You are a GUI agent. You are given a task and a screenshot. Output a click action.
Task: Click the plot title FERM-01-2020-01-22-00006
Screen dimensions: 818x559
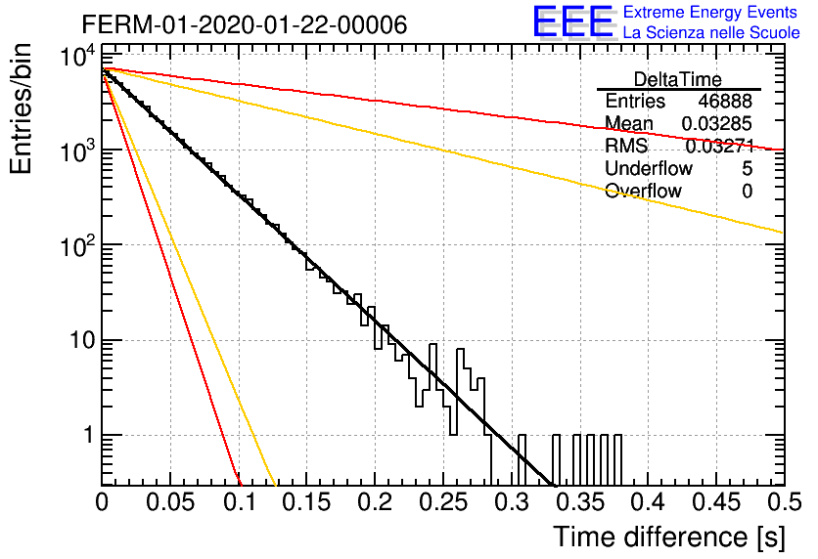point(245,24)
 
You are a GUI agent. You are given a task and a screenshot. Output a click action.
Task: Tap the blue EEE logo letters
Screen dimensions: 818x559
point(573,21)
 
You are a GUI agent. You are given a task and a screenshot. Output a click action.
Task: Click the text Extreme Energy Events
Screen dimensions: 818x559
point(710,12)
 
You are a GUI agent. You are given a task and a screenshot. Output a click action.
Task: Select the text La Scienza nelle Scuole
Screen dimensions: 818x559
point(711,32)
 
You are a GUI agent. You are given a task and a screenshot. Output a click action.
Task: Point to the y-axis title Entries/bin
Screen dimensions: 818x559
point(22,109)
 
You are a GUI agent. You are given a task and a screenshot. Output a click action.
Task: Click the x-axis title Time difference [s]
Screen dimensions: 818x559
point(669,537)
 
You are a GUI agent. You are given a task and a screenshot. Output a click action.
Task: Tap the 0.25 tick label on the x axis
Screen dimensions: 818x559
point(443,502)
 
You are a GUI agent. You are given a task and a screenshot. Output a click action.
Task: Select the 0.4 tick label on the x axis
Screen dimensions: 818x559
point(648,502)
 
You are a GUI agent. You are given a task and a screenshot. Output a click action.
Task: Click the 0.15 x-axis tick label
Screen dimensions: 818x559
point(307,502)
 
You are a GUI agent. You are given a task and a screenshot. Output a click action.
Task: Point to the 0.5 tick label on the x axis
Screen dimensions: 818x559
point(784,502)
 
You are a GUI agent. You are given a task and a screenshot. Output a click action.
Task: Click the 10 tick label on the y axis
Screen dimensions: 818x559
point(83,341)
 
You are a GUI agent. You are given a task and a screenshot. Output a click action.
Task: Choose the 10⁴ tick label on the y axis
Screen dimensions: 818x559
point(78,55)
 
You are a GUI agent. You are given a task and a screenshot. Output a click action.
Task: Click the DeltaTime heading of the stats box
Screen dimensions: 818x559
point(678,79)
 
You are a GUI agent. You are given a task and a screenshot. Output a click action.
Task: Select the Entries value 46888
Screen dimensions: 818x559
point(725,101)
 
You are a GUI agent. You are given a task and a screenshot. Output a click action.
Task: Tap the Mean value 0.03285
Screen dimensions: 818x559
point(717,123)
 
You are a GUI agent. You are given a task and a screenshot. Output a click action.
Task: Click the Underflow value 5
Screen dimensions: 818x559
point(747,168)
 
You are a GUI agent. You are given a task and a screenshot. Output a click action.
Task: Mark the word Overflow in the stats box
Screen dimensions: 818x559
point(643,191)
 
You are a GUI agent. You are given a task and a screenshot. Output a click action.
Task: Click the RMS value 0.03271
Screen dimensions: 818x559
point(720,147)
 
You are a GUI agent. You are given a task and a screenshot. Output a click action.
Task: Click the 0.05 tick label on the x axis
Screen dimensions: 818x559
point(170,502)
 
